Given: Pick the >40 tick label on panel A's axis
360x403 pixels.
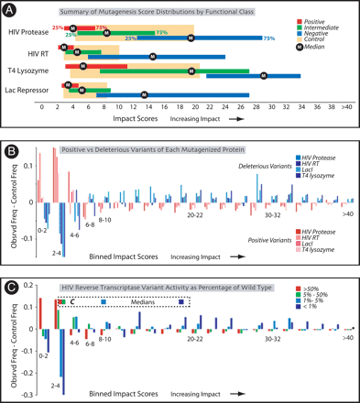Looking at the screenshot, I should tap(344, 106).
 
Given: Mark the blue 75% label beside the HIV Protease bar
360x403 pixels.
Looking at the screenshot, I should tap(269, 39).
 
